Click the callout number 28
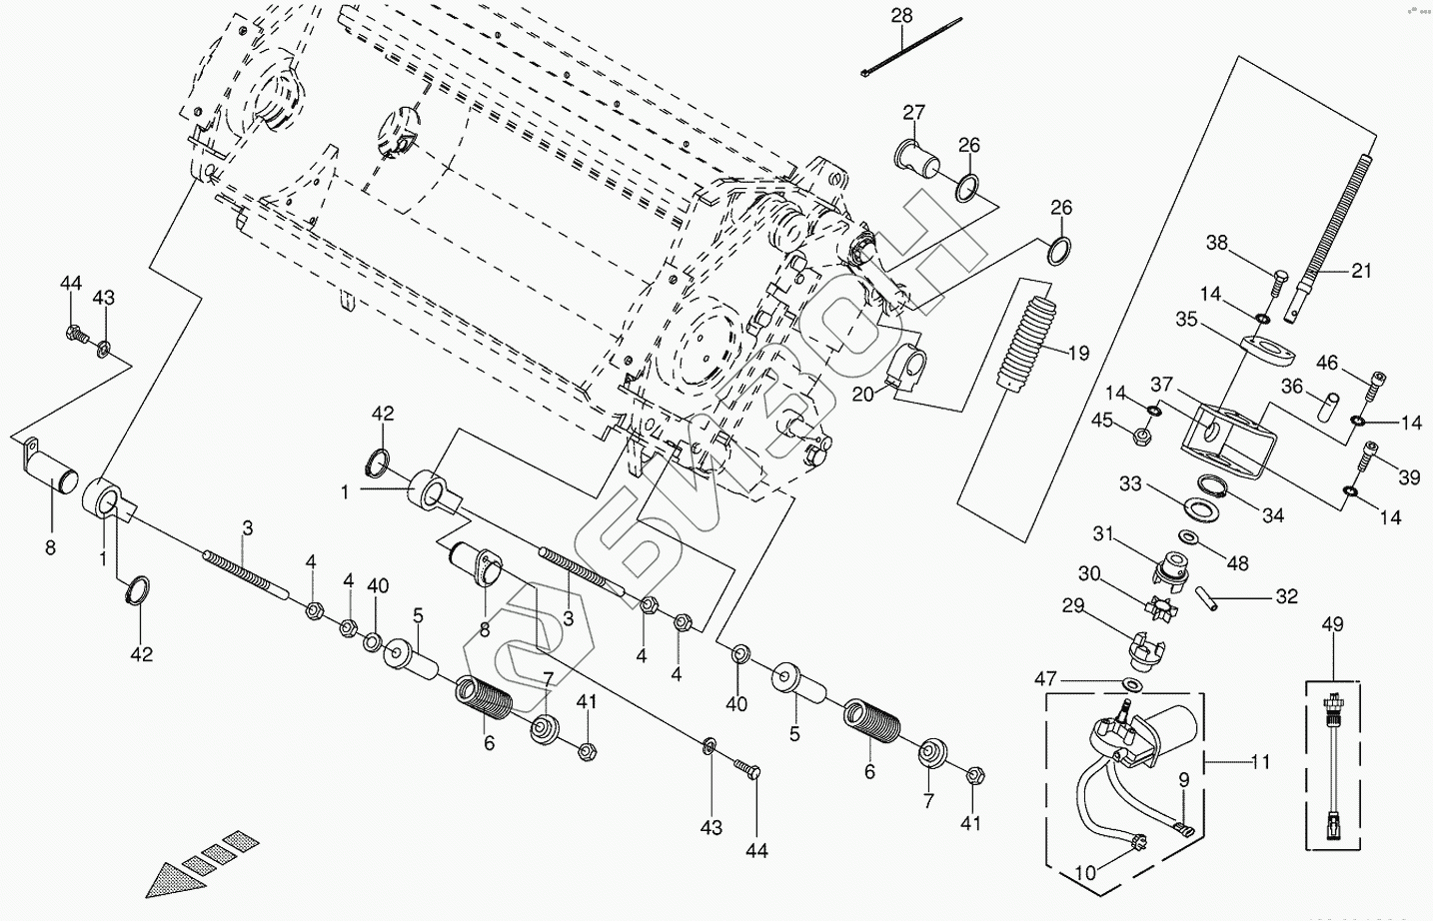tap(901, 16)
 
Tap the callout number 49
tap(1332, 625)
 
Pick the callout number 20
tap(862, 394)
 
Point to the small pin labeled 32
tap(1210, 598)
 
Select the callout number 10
tap(1084, 872)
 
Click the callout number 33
tap(1130, 484)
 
